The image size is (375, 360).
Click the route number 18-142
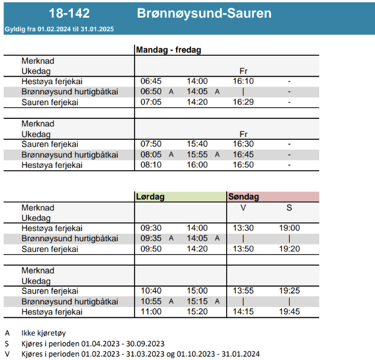point(69,13)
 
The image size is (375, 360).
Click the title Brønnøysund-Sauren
point(204,13)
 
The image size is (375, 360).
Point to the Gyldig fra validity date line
point(59,28)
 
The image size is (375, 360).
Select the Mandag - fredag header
point(168,50)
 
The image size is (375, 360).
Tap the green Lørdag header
point(151,197)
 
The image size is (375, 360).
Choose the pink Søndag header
point(244,197)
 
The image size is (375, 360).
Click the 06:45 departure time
point(151,81)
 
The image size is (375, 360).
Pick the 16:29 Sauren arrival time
point(243,102)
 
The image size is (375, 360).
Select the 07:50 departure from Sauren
point(151,144)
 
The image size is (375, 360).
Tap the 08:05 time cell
point(151,155)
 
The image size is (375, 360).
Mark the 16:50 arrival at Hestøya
point(243,165)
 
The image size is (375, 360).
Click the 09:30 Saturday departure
point(151,228)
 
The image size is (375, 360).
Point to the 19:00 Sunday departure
point(289,228)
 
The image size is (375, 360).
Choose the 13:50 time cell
point(243,249)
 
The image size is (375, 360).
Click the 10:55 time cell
point(151,301)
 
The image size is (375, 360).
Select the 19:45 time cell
point(289,312)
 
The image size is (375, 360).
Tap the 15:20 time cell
point(197,312)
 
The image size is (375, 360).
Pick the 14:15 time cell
point(243,312)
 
